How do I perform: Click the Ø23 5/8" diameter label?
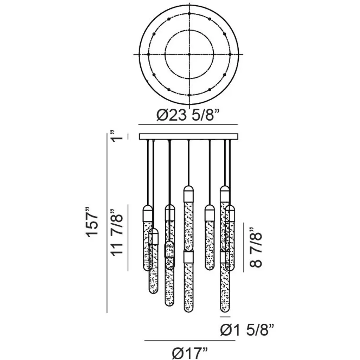pos(188,115)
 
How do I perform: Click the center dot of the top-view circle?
pos(189,54)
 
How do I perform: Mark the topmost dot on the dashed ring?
pos(189,14)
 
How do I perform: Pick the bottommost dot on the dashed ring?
pos(189,95)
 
